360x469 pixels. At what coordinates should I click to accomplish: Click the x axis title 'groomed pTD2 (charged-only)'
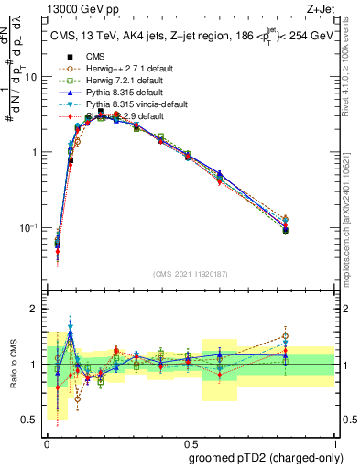click(x=266, y=457)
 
